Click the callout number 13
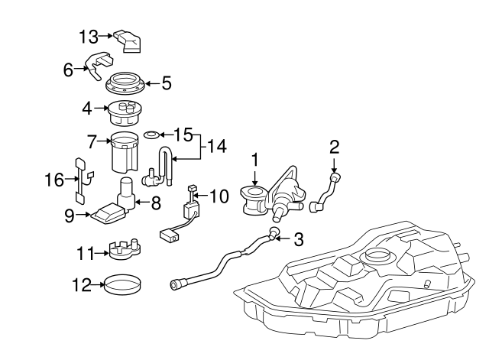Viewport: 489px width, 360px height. tap(89, 35)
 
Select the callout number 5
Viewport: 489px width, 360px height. tap(166, 83)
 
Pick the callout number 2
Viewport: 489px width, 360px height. tap(333, 145)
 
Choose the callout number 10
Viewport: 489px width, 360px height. tap(219, 196)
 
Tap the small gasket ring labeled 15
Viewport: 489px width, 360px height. tap(153, 135)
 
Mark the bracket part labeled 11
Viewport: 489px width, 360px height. tap(122, 251)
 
